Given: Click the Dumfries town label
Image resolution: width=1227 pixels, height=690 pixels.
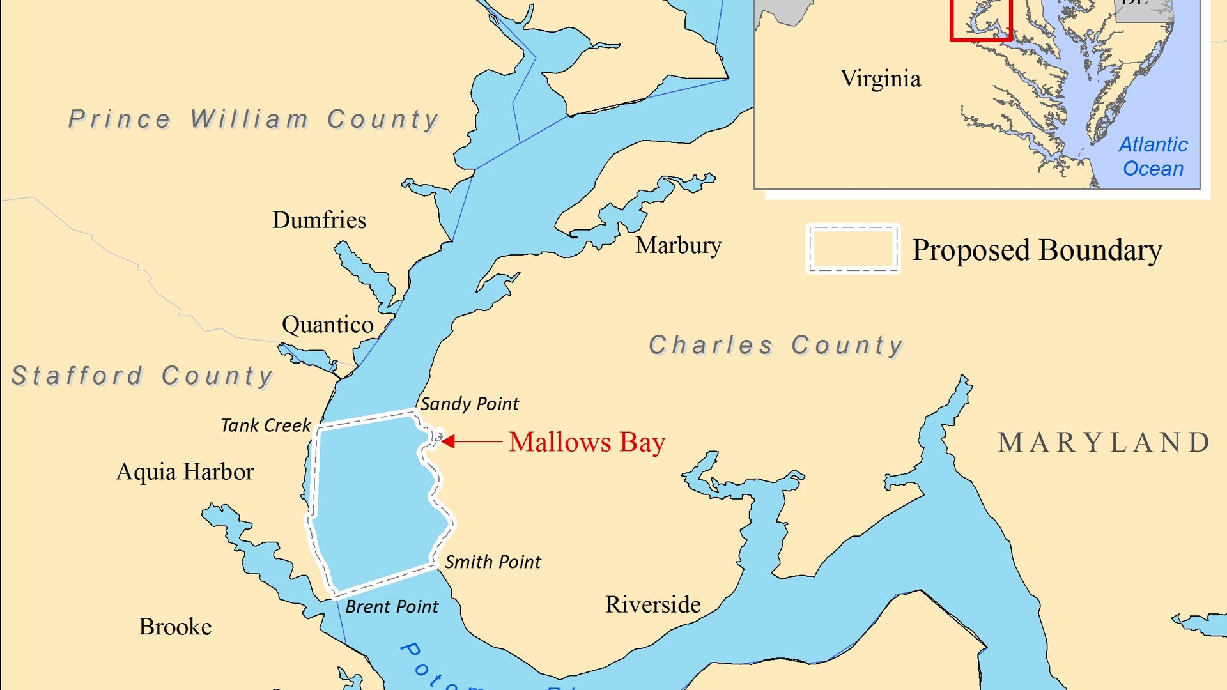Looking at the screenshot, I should coord(319,220).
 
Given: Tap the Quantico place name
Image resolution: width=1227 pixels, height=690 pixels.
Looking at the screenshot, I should coord(327,325).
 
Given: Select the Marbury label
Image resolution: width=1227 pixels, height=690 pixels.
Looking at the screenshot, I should coord(678,245).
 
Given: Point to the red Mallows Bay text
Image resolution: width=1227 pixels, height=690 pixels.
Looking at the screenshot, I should coord(587,442).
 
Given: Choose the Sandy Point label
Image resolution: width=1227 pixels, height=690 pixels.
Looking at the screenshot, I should coord(469,404).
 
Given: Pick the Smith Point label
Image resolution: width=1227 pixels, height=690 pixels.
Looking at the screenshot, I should coord(493,562).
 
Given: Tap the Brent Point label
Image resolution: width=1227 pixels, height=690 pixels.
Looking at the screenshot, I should coord(392,607).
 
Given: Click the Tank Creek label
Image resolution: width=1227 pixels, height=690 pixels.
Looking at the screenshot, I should coord(266,425).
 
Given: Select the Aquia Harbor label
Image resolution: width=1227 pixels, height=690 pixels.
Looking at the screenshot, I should coord(185,472).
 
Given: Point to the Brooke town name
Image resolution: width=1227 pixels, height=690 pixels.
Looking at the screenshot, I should coord(175,627).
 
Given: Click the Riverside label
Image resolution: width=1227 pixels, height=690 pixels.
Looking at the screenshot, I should coord(652,605).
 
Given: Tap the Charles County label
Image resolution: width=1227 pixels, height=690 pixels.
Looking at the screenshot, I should coord(776,346).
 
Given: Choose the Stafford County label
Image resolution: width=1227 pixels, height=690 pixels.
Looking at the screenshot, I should coord(143,376).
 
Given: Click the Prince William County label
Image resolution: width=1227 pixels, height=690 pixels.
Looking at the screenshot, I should coord(254,119).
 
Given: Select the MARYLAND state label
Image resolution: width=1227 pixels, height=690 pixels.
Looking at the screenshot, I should coord(1104,443).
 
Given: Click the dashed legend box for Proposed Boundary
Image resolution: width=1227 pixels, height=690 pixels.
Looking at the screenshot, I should coord(853,249).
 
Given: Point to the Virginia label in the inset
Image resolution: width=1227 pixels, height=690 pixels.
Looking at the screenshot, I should coord(880,79).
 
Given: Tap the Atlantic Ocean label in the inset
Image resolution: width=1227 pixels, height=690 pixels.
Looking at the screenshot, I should coord(1153,157).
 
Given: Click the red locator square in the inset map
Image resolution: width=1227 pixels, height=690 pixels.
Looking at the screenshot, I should coord(981,19).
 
